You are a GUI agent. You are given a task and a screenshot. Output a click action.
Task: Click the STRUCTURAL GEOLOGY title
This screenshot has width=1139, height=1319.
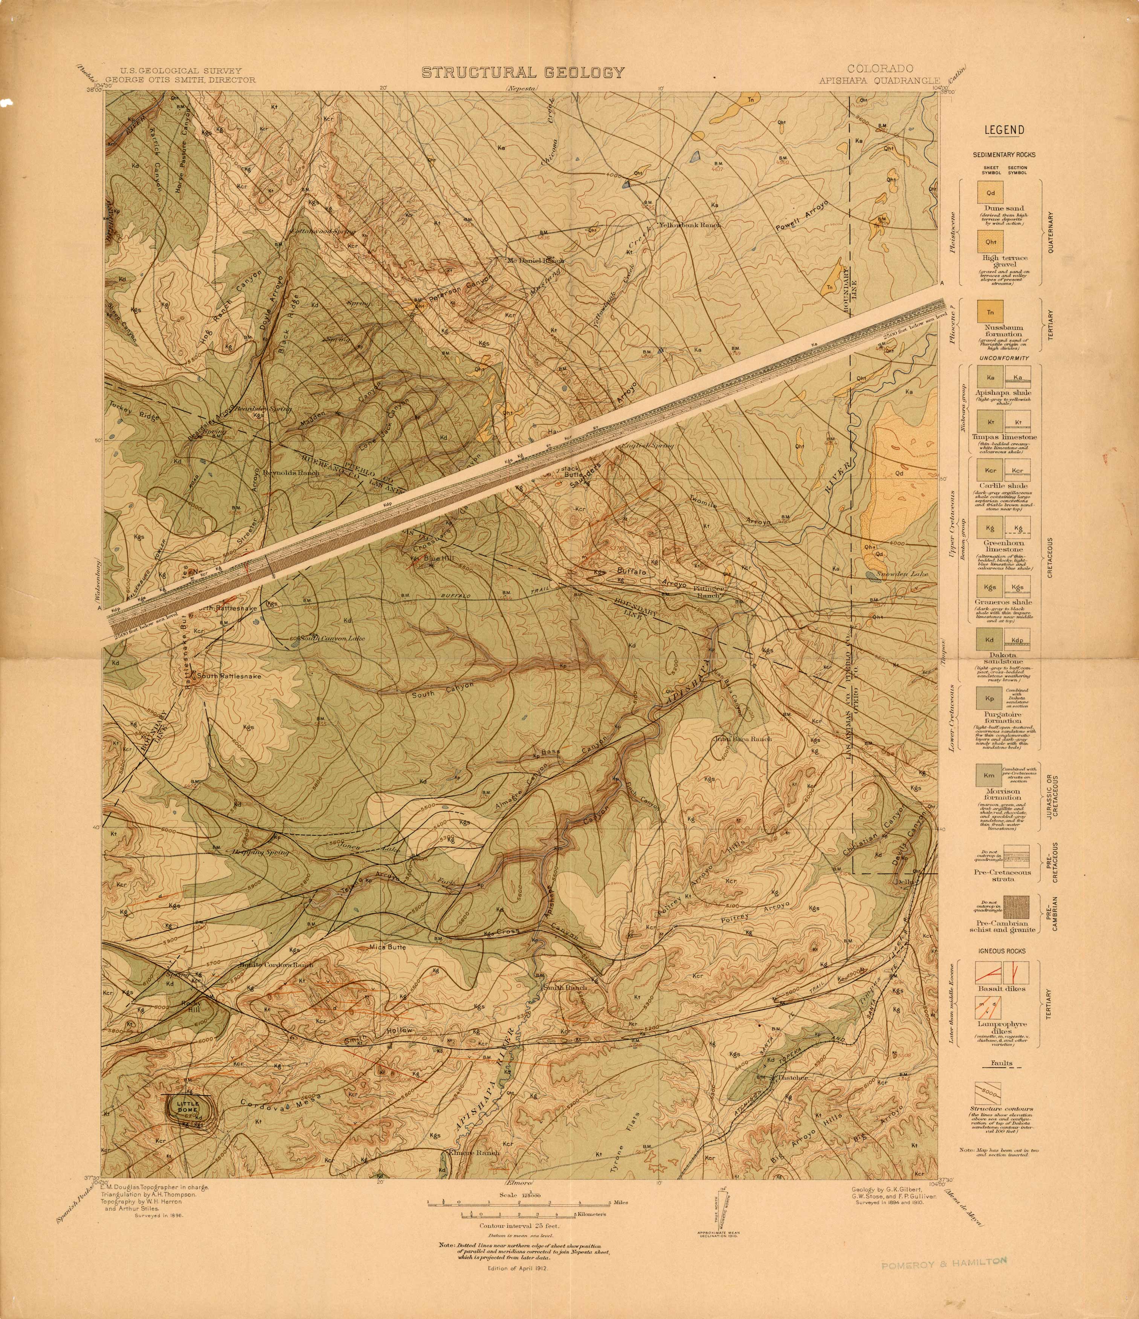coord(523,73)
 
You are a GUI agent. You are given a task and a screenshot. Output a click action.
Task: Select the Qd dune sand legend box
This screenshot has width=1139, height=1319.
coord(990,193)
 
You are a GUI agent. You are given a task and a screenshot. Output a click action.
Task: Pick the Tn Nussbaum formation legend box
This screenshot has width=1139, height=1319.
coord(990,312)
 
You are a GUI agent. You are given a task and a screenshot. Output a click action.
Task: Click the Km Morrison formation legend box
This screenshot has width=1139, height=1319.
coord(989,775)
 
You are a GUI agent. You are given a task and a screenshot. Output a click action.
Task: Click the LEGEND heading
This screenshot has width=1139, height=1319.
coord(1004,130)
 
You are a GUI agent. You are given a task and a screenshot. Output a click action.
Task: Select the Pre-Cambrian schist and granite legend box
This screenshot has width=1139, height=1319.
coord(990,905)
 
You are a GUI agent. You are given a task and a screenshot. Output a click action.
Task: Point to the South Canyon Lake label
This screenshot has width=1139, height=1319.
coord(332,638)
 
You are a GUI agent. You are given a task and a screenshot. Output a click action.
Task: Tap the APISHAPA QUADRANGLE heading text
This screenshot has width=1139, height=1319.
coord(879,81)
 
